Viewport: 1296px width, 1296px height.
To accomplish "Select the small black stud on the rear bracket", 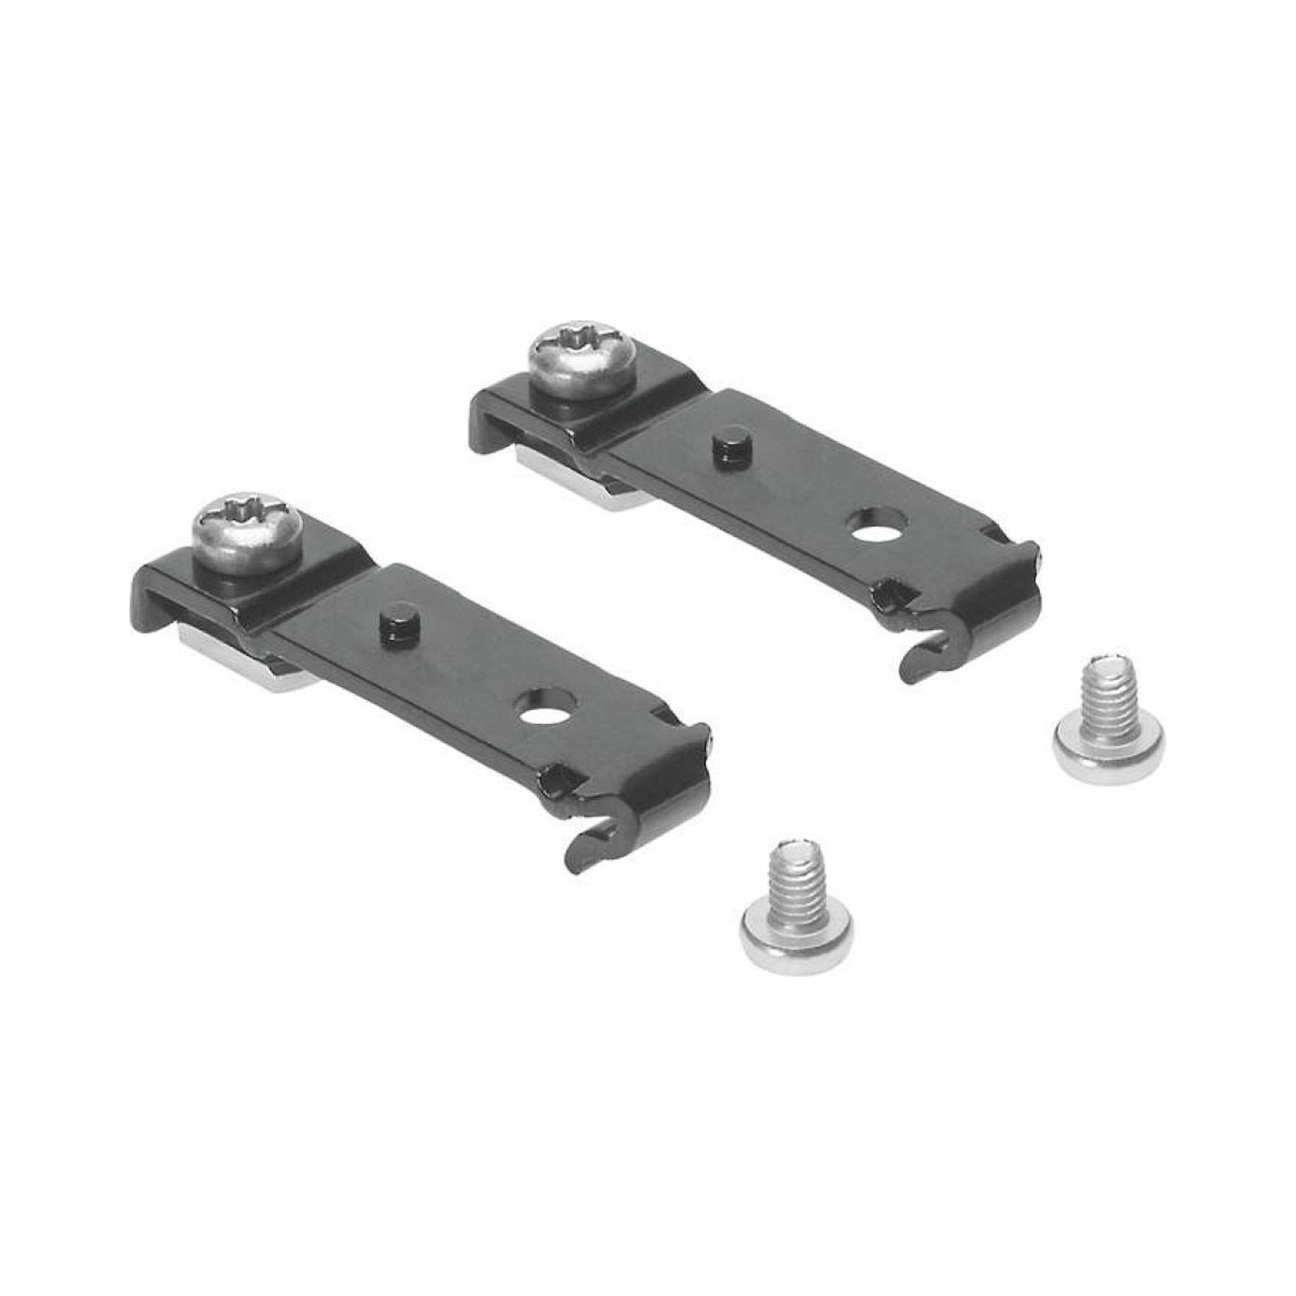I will pos(724,444).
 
